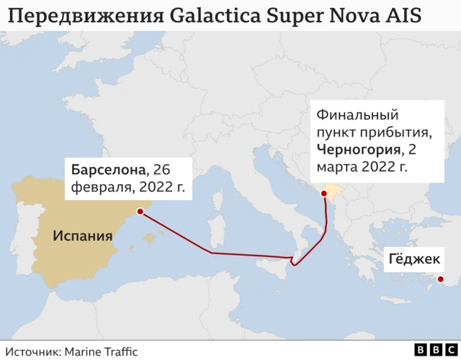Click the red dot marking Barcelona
point(141,212)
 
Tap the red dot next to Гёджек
point(440,279)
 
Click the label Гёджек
point(413,258)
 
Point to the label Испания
point(82,235)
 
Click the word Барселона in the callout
point(107,170)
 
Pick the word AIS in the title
point(408,15)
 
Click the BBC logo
point(431,349)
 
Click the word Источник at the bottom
point(35,351)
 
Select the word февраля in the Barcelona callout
point(97,188)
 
